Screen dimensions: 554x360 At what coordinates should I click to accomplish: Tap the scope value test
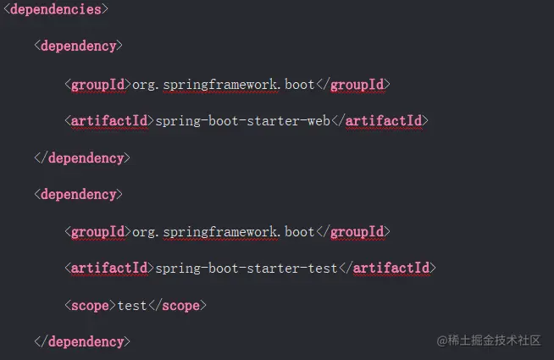point(132,305)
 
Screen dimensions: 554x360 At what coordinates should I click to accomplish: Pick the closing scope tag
point(177,305)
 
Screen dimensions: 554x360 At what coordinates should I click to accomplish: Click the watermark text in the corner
point(489,340)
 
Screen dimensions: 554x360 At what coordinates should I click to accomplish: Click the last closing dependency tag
point(82,341)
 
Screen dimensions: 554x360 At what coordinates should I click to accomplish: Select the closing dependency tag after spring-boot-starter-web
point(82,158)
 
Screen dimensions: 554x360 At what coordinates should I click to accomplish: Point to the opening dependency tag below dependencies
point(79,46)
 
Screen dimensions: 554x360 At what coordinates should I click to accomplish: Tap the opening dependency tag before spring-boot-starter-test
point(79,194)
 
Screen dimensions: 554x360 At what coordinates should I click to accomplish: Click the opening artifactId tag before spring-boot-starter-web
point(108,120)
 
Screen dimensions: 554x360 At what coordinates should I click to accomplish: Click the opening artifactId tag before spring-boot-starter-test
point(108,268)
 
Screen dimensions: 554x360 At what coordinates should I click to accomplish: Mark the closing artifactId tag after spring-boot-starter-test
point(387,268)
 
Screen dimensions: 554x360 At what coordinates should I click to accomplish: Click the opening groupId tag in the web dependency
point(97,84)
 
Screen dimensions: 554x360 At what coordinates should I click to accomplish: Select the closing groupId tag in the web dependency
point(352,84)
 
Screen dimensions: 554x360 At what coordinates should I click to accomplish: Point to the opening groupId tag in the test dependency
point(97,231)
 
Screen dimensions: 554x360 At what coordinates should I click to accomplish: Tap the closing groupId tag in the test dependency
point(352,231)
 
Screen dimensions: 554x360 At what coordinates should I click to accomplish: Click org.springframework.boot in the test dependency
point(224,231)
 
